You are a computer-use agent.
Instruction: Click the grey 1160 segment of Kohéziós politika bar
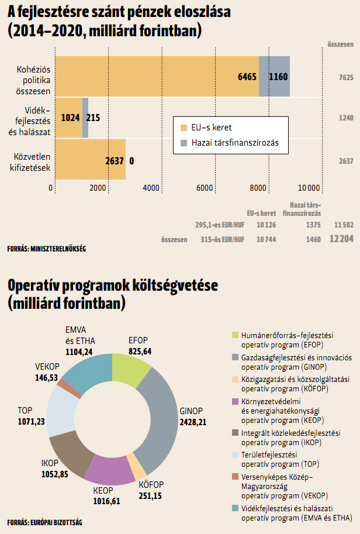click(275, 77)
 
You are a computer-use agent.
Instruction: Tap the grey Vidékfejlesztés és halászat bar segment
click(85, 117)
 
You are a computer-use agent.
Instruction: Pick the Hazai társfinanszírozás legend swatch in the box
click(184, 142)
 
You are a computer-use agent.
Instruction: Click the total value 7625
click(345, 77)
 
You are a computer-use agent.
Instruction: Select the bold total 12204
click(341, 239)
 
